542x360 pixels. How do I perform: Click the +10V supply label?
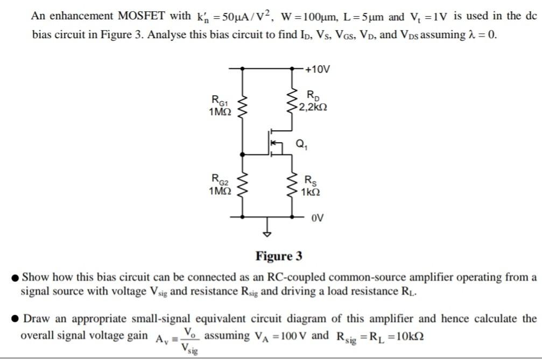coord(318,69)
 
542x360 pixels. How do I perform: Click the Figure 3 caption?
coord(279,256)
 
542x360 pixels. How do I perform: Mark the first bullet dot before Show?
coord(16,278)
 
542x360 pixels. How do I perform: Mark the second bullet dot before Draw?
coord(16,319)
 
